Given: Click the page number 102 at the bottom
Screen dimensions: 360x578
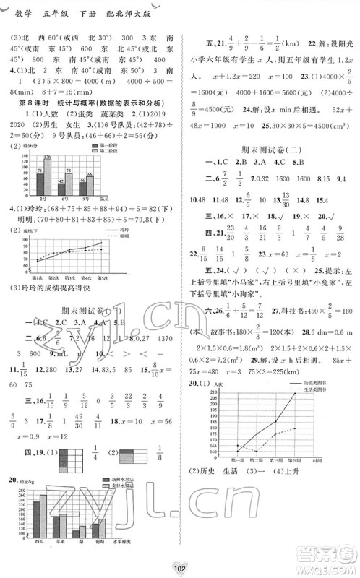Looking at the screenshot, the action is point(180,567).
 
